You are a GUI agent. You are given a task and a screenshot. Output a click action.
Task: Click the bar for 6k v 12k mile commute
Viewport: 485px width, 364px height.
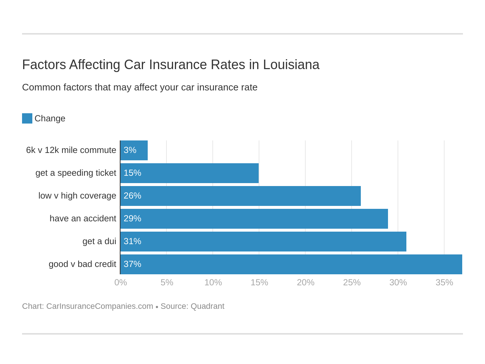pyautogui.click(x=134, y=150)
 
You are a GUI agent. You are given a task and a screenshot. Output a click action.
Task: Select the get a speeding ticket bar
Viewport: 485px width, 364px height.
pyautogui.click(x=190, y=173)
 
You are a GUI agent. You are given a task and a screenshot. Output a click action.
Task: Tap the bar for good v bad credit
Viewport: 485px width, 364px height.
pyautogui.click(x=291, y=264)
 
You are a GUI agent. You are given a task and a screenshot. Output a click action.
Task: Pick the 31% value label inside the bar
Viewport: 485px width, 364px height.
pyautogui.click(x=132, y=242)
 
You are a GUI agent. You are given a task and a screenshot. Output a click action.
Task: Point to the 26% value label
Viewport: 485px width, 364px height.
pyautogui.click(x=132, y=196)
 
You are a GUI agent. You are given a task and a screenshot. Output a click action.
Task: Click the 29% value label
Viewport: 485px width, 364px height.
pyautogui.click(x=132, y=219)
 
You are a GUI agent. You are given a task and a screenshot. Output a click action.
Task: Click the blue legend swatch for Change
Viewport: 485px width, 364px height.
pyautogui.click(x=27, y=118)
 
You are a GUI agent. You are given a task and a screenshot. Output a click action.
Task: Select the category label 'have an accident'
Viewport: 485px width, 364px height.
pyautogui.click(x=83, y=219)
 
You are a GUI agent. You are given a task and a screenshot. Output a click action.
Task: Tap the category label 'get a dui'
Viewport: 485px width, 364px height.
pyautogui.click(x=99, y=242)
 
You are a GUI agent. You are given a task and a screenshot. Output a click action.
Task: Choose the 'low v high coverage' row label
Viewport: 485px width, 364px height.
pyautogui.click(x=77, y=196)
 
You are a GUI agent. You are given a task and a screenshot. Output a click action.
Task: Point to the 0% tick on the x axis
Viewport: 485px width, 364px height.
pyautogui.click(x=121, y=283)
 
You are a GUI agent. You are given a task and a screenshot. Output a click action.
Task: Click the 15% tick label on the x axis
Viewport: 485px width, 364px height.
pyautogui.click(x=259, y=283)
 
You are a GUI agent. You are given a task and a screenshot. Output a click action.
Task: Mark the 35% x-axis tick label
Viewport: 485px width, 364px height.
pyautogui.click(x=444, y=283)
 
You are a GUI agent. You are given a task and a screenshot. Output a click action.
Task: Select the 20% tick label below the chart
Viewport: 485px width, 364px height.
pyautogui.click(x=305, y=283)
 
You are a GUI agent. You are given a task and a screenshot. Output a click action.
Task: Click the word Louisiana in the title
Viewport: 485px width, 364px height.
pyautogui.click(x=291, y=65)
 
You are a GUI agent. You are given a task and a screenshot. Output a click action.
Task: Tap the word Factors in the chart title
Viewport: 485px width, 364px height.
pyautogui.click(x=44, y=65)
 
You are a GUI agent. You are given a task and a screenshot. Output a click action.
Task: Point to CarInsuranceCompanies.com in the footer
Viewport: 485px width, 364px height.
pyautogui.click(x=100, y=306)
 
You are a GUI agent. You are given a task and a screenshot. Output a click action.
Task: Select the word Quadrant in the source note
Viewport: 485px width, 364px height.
pyautogui.click(x=207, y=306)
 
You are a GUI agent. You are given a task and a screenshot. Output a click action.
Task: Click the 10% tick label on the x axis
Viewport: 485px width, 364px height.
pyautogui.click(x=213, y=283)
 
